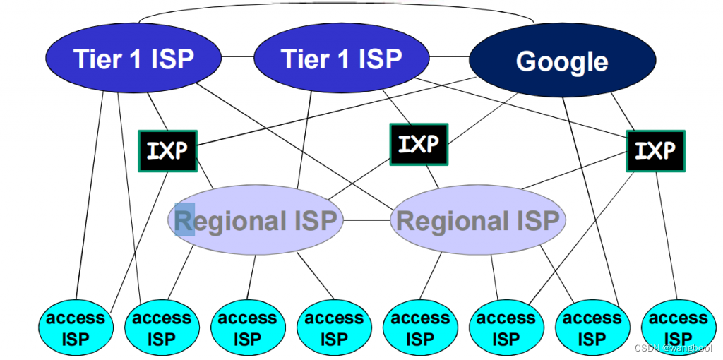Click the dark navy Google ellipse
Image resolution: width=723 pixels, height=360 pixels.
[x=561, y=62]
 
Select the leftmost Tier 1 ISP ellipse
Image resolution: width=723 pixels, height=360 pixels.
[x=133, y=59]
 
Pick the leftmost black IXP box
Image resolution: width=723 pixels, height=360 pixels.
[x=167, y=150]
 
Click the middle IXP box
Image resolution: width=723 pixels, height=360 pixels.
[x=419, y=145]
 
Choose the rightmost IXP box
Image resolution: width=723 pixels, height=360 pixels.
[x=655, y=150]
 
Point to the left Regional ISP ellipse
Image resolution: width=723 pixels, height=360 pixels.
[x=256, y=221]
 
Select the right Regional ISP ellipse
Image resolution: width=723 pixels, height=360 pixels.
[x=478, y=221]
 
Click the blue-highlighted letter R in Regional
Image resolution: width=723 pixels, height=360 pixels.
[x=184, y=220]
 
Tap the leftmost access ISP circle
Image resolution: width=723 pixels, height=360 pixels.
[x=75, y=328]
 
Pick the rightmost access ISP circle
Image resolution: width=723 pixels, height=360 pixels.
[x=678, y=328]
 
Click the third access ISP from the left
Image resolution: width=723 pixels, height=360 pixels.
[x=247, y=328]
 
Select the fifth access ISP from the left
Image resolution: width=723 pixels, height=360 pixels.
[x=420, y=328]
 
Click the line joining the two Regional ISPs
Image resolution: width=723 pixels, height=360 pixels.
[x=366, y=220]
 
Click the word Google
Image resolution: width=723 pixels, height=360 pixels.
[x=561, y=62]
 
